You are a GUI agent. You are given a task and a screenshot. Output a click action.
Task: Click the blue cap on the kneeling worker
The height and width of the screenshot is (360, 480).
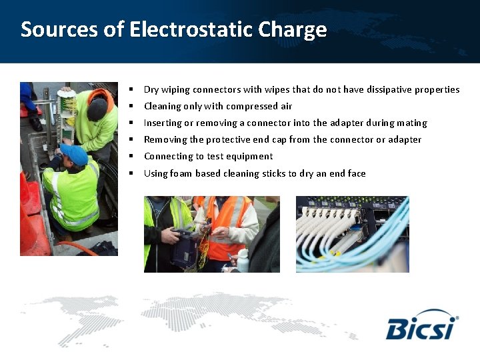[74, 153]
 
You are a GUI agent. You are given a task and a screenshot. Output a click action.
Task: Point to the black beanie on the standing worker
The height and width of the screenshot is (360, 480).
[97, 107]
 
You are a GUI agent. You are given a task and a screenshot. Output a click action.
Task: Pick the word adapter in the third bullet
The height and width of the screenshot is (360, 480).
[346, 123]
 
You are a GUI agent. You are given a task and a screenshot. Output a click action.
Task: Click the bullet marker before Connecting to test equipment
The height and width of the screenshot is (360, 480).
[132, 156]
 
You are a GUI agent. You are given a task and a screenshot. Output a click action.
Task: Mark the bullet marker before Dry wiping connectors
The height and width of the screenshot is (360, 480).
[132, 89]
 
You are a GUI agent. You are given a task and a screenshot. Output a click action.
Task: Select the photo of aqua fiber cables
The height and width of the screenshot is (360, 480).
[352, 234]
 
